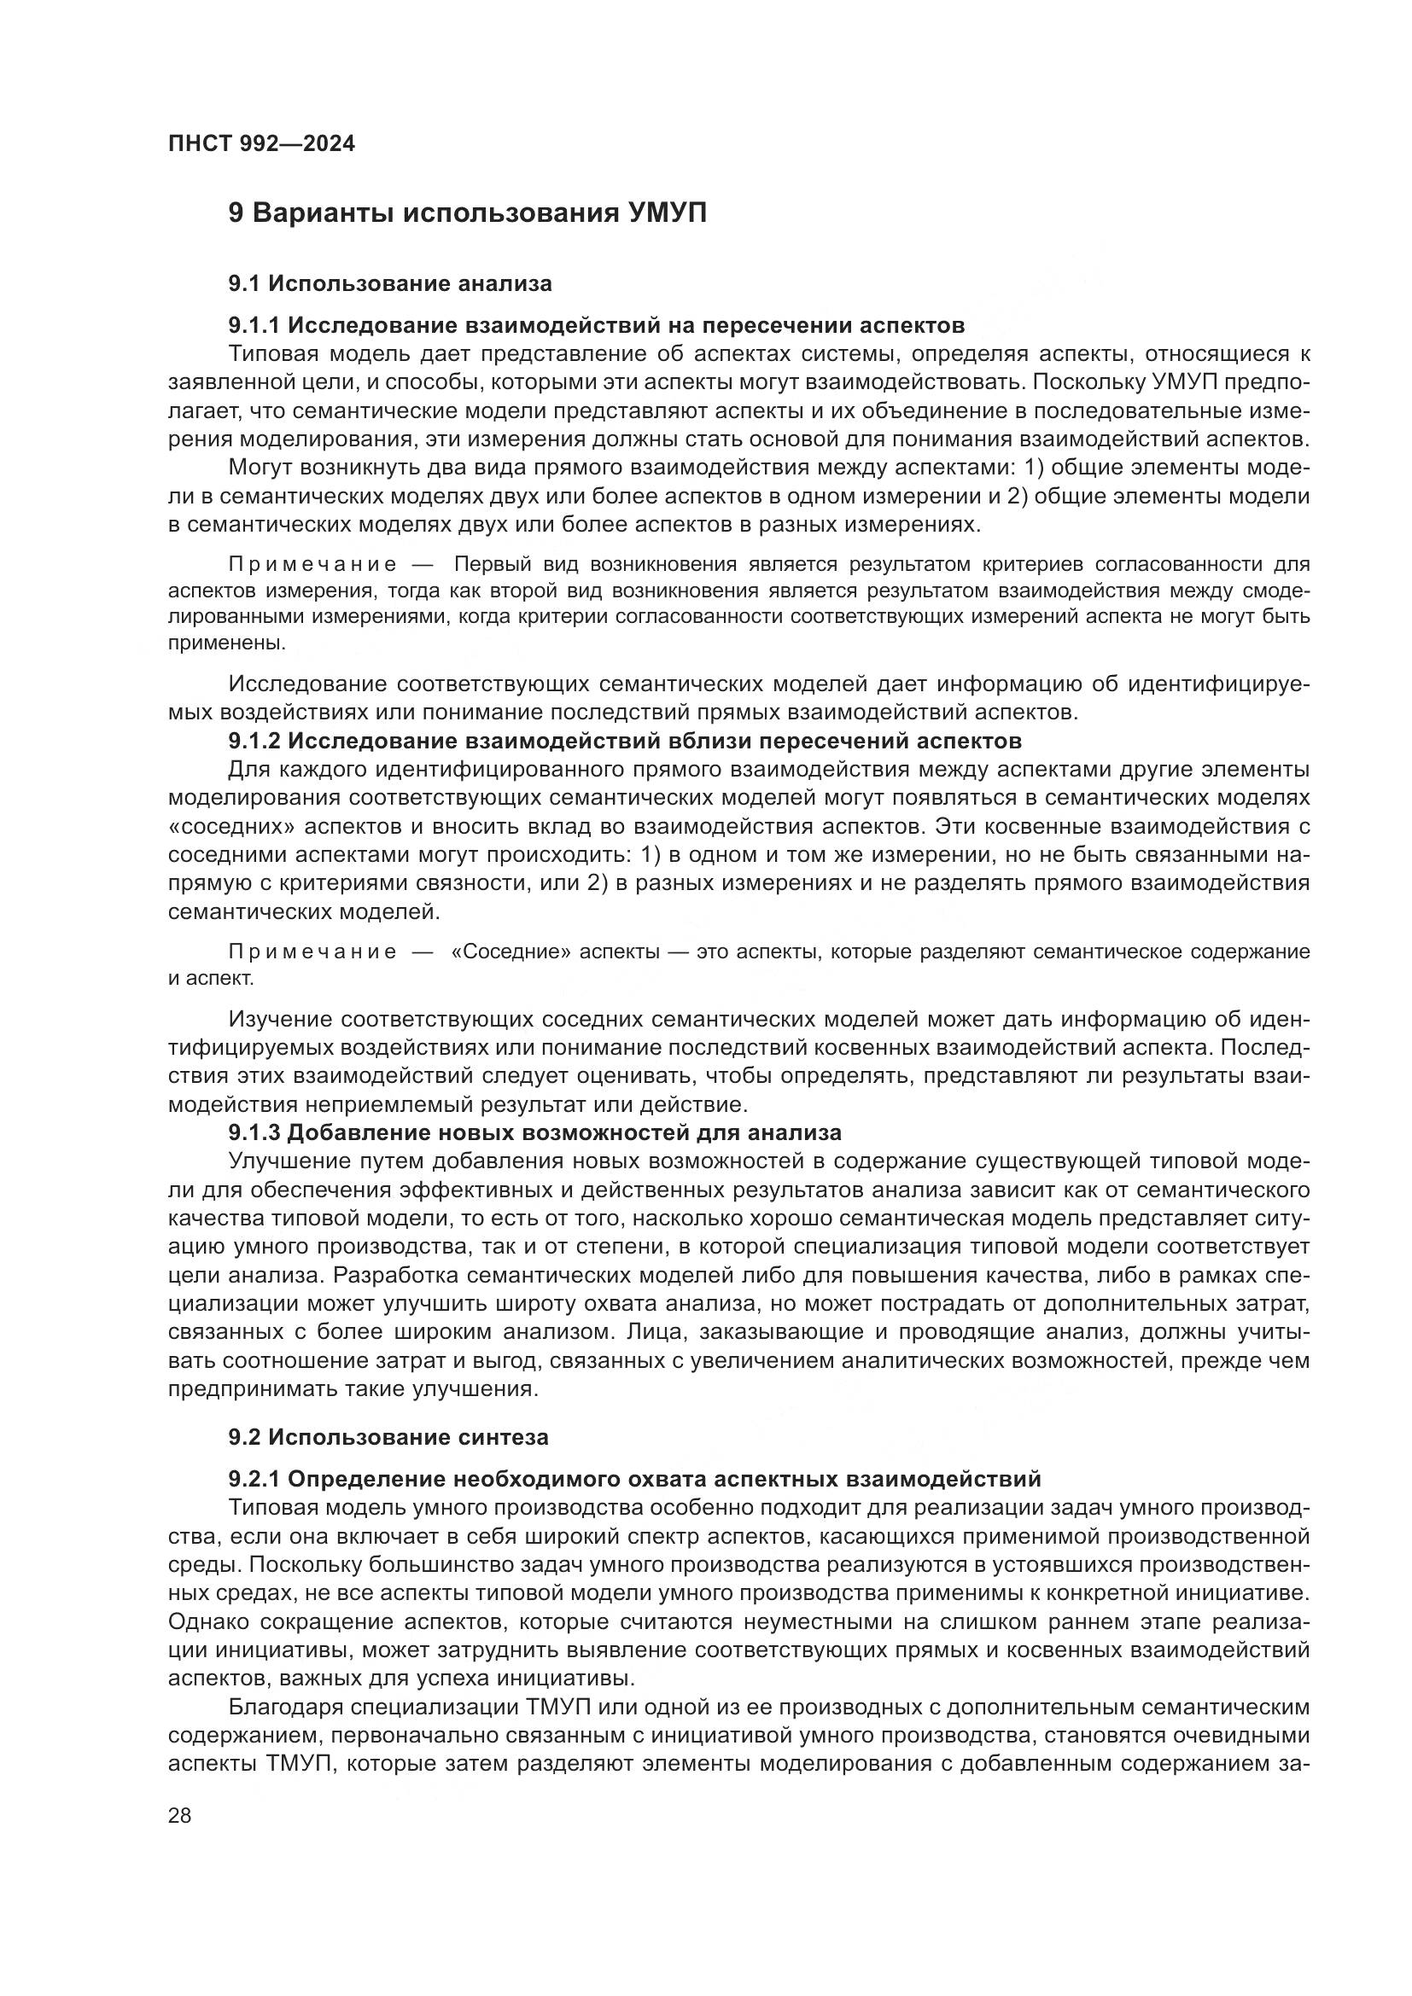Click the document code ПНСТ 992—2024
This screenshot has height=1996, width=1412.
coord(261,143)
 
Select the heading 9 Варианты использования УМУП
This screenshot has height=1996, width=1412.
coord(467,213)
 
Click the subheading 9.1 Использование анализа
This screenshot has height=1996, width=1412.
coord(389,283)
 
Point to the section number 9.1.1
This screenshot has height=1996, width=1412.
coord(254,325)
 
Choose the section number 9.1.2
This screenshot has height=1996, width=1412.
coord(254,742)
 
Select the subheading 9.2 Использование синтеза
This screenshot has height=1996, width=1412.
coord(388,1437)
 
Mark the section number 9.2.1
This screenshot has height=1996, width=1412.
coord(254,1479)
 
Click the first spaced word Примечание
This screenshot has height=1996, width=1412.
coord(312,565)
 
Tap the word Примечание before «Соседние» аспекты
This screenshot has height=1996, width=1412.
coord(312,952)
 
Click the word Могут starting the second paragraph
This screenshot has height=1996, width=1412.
coord(257,468)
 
